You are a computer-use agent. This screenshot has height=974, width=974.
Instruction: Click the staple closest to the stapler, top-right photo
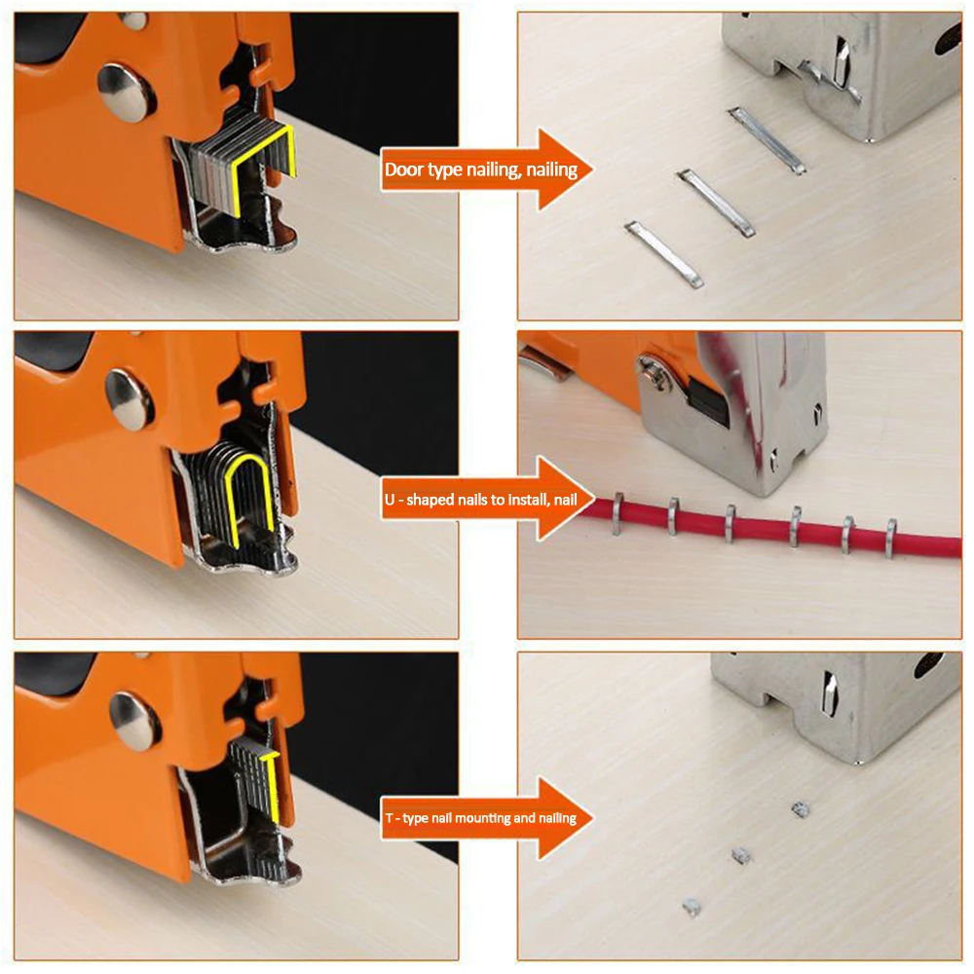pos(767,140)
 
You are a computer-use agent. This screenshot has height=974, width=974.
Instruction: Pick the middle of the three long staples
pos(716,203)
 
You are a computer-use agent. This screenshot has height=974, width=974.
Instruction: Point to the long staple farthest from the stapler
pos(663,253)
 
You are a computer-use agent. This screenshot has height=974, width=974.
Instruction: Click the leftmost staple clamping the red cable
pos(618,513)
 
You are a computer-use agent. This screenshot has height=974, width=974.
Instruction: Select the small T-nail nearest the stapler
pos(801,808)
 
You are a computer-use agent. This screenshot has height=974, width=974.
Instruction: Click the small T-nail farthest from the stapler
pos(692,907)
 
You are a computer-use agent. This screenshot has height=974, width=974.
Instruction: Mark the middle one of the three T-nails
pos(741,855)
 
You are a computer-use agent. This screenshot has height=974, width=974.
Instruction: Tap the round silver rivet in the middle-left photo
pos(130,399)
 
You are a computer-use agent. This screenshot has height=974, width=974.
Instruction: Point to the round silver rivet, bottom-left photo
pos(134,720)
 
